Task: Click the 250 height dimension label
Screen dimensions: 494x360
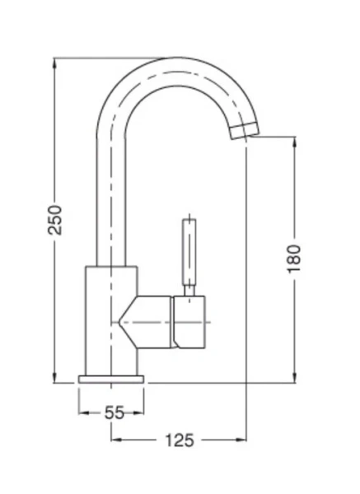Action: click(55, 219)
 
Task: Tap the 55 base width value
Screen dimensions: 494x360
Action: click(114, 412)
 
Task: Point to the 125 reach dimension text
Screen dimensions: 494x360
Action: click(179, 440)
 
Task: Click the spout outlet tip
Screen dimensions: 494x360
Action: click(243, 132)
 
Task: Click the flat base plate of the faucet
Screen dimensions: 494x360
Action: click(111, 380)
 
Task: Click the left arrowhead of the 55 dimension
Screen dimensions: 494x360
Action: click(82, 412)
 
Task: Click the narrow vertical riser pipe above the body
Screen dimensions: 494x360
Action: click(112, 198)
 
